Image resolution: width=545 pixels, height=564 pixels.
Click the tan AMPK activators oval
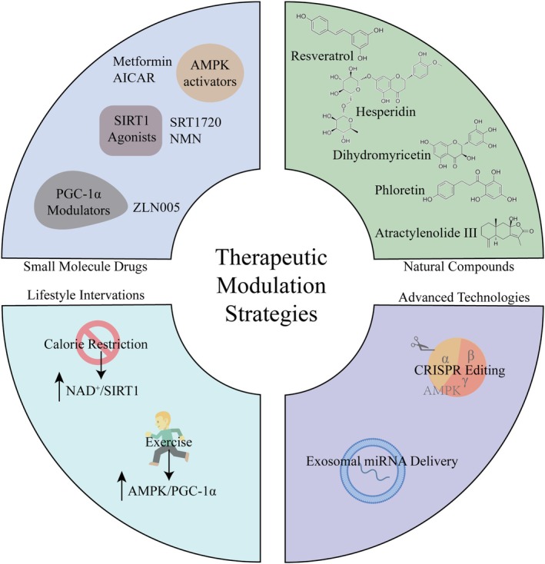(x=210, y=73)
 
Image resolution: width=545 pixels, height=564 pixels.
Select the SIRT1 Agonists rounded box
(x=131, y=130)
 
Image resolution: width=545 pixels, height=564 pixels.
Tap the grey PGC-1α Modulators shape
(x=80, y=201)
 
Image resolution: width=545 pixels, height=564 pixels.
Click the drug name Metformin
(x=142, y=61)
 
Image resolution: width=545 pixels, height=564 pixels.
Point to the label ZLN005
(x=157, y=207)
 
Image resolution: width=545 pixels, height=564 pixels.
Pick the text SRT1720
(x=195, y=123)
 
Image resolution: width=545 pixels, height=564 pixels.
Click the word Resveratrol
(x=322, y=56)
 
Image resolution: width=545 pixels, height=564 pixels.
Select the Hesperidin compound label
(x=386, y=111)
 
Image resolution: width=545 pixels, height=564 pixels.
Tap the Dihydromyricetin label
(x=382, y=155)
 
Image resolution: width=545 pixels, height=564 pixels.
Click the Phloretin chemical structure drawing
(x=470, y=187)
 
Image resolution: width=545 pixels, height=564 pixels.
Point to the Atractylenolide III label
(x=426, y=233)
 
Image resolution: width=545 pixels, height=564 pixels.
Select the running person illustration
(x=168, y=440)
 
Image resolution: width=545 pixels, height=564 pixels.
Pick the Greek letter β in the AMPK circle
(x=470, y=356)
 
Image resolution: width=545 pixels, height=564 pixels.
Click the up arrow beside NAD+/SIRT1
(x=60, y=387)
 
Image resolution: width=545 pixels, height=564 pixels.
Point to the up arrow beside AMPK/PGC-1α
(x=122, y=485)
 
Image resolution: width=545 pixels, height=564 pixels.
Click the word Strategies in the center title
(x=271, y=314)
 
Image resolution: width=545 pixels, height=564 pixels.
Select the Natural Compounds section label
(x=459, y=267)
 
